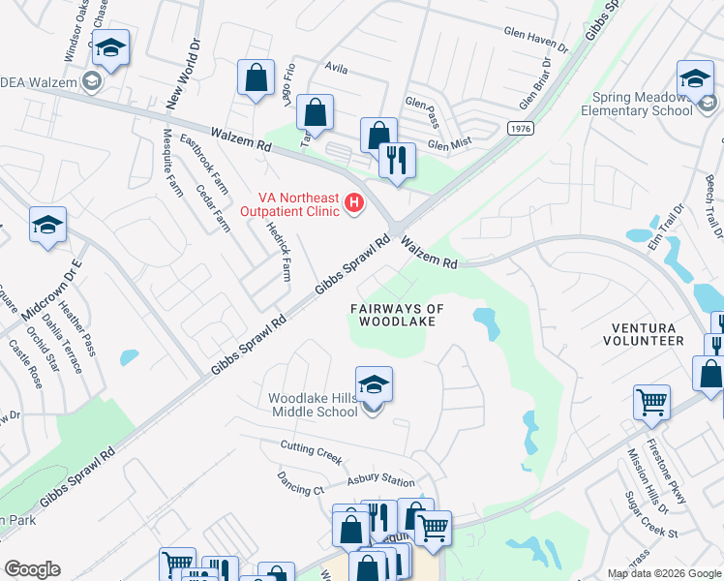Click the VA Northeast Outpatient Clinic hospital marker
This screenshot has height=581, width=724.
click(354, 204)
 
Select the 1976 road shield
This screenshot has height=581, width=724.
click(519, 128)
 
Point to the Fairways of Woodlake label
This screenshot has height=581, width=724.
click(396, 315)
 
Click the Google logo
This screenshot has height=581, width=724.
click(32, 569)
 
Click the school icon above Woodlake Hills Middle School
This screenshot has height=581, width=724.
click(374, 384)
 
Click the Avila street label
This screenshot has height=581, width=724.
click(335, 70)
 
